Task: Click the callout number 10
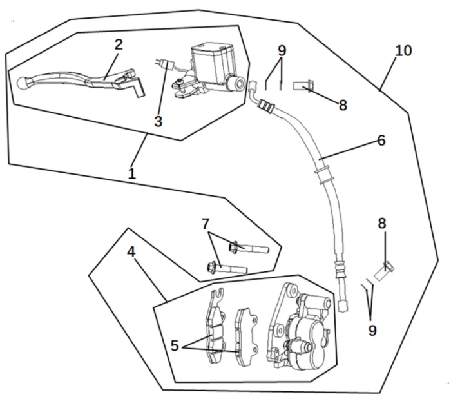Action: [x=403, y=50]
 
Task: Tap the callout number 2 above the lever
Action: [x=118, y=44]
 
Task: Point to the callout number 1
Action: [x=131, y=173]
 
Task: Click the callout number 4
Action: [x=131, y=251]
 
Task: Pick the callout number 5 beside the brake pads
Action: [x=175, y=345]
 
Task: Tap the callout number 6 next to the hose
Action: [x=381, y=140]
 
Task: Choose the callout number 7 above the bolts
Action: [x=206, y=224]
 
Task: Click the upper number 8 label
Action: [x=343, y=105]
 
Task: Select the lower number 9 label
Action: [x=372, y=331]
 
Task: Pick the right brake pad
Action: [x=245, y=335]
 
